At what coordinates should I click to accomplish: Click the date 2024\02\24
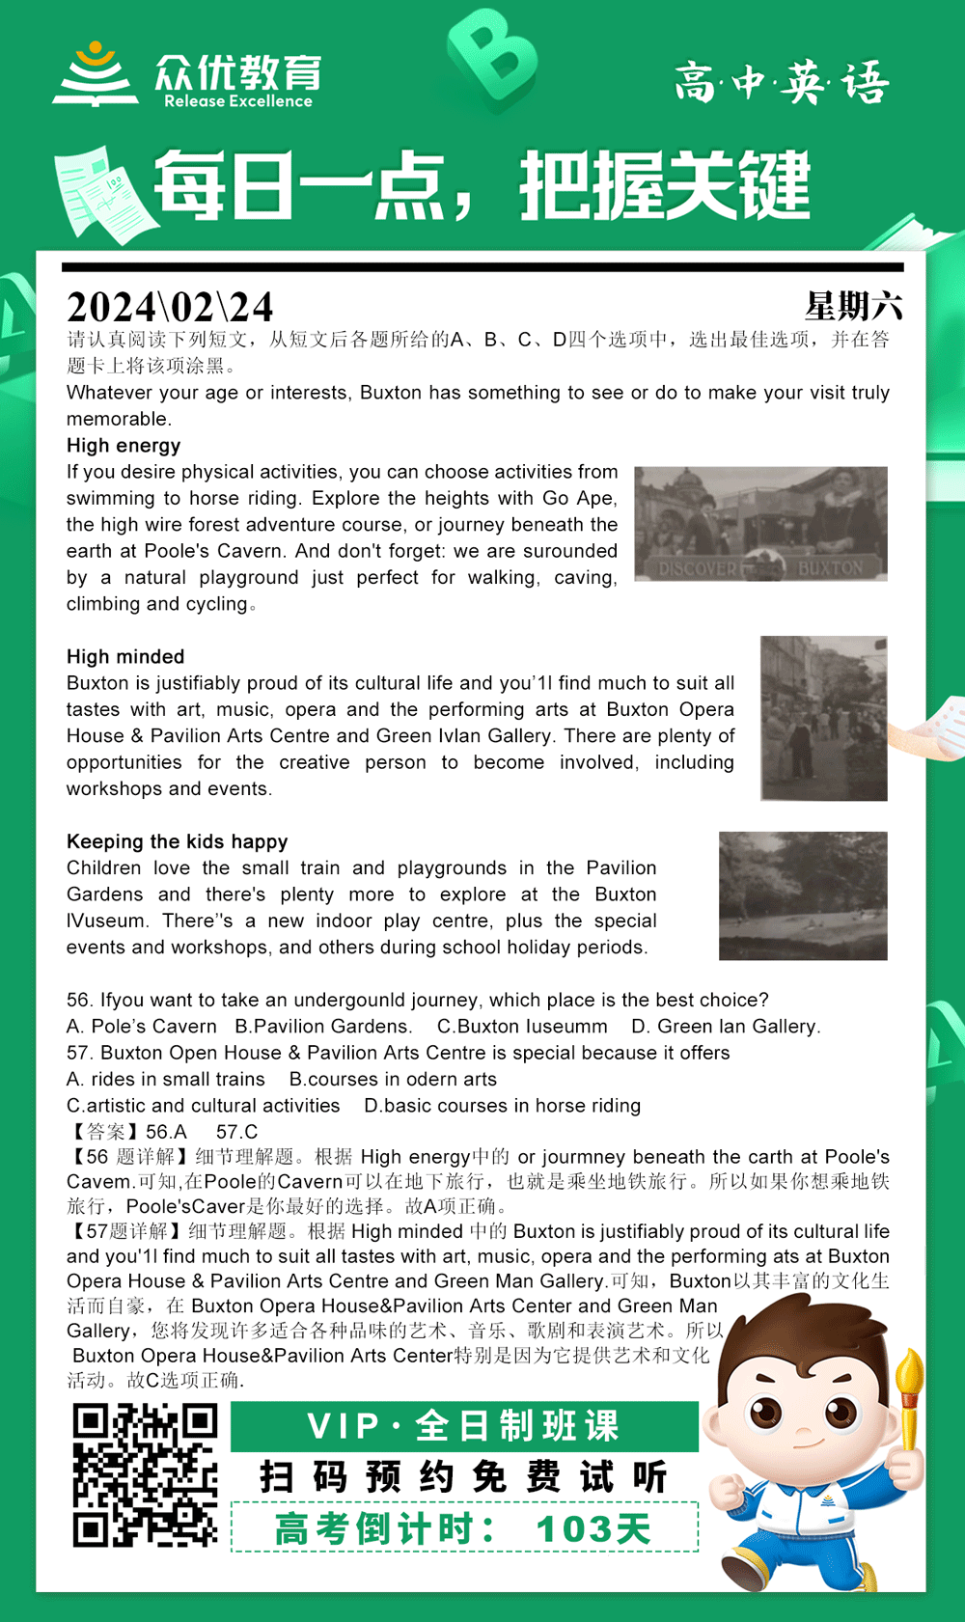pos(170,308)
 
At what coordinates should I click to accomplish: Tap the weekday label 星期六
pos(853,307)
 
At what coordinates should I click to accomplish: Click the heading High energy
pos(124,446)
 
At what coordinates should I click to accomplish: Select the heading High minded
pos(125,657)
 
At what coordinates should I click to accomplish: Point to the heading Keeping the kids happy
pos(177,841)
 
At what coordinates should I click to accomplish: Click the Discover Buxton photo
pos(760,524)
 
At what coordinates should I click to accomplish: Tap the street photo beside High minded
pos(823,718)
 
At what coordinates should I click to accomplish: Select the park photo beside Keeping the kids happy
pos(803,895)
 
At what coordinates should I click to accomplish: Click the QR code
pos(145,1476)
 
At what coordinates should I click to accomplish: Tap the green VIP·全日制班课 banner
pos(464,1426)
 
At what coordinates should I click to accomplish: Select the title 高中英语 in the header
pos(782,82)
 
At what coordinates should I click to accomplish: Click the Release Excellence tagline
pos(238,101)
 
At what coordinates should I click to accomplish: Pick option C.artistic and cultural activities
pos(204,1106)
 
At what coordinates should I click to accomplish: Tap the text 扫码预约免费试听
pos(464,1476)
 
